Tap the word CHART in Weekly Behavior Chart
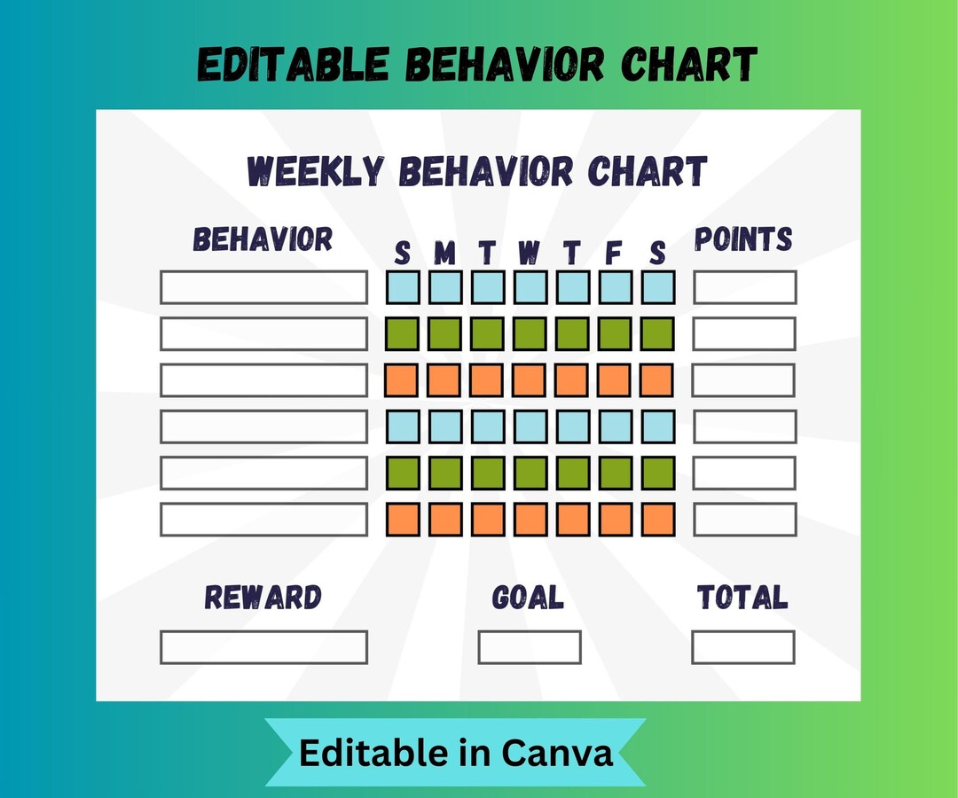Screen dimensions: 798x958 (648, 171)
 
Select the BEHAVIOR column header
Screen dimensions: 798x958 (263, 240)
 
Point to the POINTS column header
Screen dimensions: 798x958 (743, 239)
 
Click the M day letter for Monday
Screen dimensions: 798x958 (444, 254)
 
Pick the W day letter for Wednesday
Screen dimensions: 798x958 (529, 254)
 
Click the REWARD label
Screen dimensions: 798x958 (263, 598)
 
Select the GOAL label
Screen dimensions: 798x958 (528, 598)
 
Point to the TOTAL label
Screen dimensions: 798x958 (742, 598)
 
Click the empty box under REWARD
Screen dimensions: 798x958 (263, 647)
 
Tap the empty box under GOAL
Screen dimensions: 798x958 (530, 647)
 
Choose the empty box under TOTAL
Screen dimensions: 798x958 (743, 647)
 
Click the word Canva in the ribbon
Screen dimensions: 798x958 (557, 753)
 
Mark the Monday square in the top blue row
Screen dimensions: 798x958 (445, 287)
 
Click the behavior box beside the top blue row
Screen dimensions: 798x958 (263, 287)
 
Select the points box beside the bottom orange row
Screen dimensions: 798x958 (744, 519)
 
